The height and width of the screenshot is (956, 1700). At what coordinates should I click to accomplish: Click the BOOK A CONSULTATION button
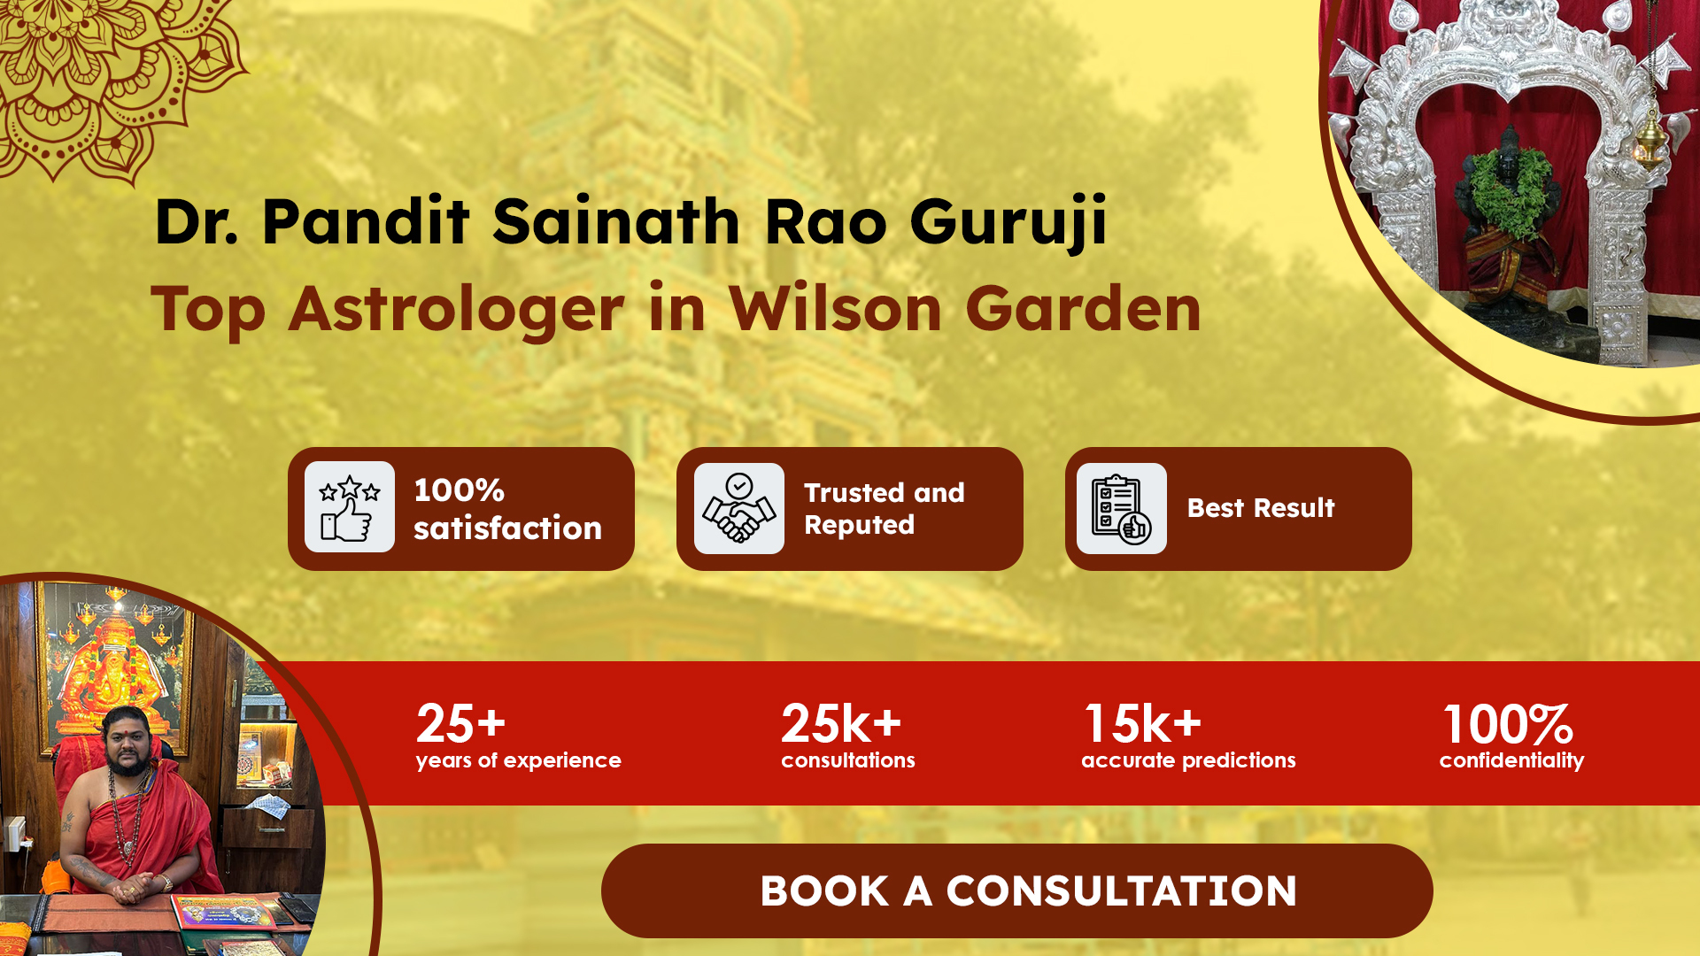(1016, 890)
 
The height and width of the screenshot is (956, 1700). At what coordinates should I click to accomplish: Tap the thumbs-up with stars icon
(350, 507)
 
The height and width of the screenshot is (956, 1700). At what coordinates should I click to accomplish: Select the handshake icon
(739, 508)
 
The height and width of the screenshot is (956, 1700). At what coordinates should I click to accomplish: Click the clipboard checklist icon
(1122, 508)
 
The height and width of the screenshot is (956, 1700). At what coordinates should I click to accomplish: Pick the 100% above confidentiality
(1508, 724)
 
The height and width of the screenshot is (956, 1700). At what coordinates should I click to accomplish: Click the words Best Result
(1261, 508)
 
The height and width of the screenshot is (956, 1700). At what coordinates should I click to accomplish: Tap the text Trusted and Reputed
(884, 508)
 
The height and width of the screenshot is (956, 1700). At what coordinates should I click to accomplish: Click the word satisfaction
(507, 528)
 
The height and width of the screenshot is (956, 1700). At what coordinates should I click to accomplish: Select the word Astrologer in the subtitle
(457, 310)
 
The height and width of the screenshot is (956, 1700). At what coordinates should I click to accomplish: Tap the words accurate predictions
(1188, 760)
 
